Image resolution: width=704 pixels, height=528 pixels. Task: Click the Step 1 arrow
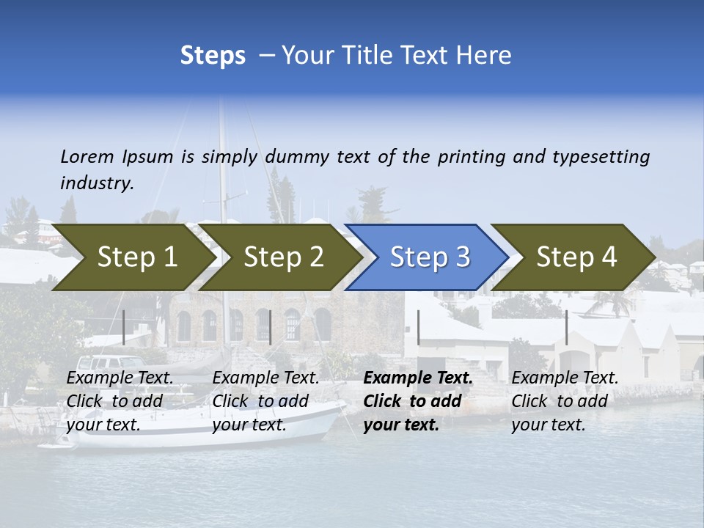[x=136, y=257]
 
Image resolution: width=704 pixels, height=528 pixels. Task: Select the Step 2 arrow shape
[x=283, y=257]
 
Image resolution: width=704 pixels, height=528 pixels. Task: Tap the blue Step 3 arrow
[x=430, y=257]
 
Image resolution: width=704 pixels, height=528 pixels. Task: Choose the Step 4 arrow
[x=576, y=257]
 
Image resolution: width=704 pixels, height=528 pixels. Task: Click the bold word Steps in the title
[x=213, y=56]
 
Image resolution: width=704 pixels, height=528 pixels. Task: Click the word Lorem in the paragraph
[x=87, y=156]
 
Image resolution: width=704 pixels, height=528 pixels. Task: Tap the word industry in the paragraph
[x=96, y=183]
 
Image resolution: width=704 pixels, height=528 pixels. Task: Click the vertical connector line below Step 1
[x=124, y=327]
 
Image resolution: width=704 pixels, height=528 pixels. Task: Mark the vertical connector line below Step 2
[x=271, y=327]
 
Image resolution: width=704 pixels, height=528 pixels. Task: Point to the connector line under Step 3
[x=418, y=327]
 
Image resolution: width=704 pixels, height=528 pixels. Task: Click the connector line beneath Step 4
[x=566, y=327]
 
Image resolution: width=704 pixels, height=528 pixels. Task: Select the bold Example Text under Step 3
[x=418, y=378]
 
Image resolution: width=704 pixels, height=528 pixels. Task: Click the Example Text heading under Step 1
[x=120, y=378]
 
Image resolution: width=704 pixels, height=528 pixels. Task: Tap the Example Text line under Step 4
[x=565, y=378]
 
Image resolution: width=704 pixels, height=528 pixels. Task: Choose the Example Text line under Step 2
[x=265, y=378]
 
